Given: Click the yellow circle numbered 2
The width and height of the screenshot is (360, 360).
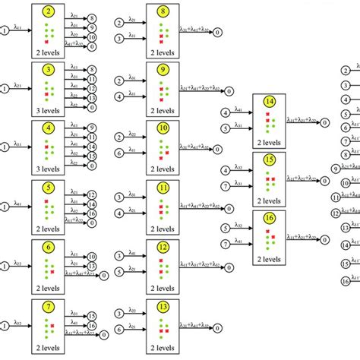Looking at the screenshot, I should [49, 13].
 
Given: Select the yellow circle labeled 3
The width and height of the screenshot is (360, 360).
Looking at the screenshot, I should [49, 71].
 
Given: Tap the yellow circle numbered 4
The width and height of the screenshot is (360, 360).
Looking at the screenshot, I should [49, 129].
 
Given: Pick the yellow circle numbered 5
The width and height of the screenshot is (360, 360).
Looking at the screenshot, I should [49, 188].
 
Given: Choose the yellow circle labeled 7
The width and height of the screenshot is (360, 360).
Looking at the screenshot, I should [49, 306].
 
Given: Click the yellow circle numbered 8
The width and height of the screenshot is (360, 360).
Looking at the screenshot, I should [162, 13].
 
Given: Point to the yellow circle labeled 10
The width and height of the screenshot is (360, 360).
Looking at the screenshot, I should [162, 129].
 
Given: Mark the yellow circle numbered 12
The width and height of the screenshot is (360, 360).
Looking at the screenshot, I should [162, 248].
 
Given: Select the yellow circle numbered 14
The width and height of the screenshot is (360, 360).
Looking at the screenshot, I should [269, 102].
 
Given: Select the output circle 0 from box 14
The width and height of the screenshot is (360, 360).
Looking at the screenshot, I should [324, 122].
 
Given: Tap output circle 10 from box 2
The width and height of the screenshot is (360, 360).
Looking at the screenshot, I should [92, 36].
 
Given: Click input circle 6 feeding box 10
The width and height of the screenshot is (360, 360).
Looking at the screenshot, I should [118, 153].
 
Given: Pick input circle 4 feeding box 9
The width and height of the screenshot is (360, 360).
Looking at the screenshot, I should [118, 96].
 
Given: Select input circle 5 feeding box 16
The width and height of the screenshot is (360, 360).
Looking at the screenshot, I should [225, 227].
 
